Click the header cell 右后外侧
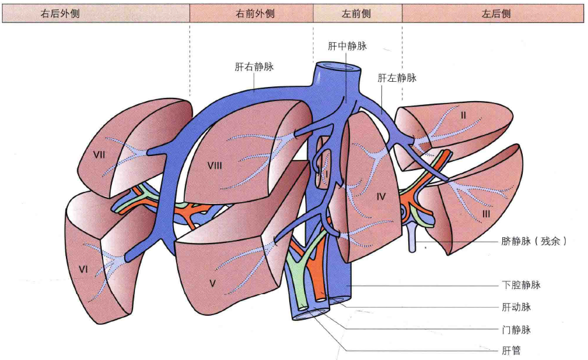(x=95, y=14)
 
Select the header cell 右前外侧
(x=251, y=14)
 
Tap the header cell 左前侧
(x=358, y=14)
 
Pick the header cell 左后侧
(x=493, y=14)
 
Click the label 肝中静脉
(x=347, y=46)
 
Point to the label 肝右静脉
(x=254, y=67)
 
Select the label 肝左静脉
(x=397, y=78)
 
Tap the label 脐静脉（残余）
(x=534, y=241)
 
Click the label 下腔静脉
(x=521, y=285)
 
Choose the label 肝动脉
(x=516, y=307)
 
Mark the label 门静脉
(x=516, y=330)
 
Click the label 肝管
(x=511, y=350)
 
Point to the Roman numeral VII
(x=99, y=155)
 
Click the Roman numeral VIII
(x=214, y=165)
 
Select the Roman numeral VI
(x=83, y=269)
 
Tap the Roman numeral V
(x=212, y=283)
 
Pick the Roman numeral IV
(x=381, y=196)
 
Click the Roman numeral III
(x=486, y=214)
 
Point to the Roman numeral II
(x=463, y=115)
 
